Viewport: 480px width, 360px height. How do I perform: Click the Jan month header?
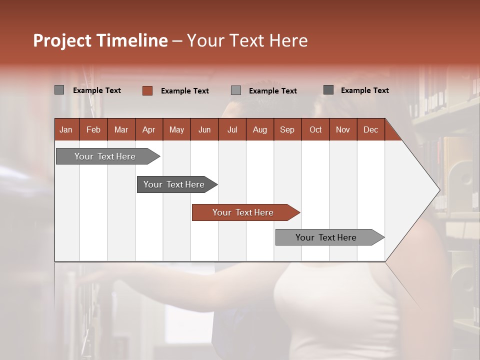coord(66,129)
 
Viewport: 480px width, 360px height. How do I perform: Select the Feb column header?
coord(93,129)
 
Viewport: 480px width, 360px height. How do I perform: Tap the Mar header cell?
coord(121,129)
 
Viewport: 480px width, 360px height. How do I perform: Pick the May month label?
coord(176,129)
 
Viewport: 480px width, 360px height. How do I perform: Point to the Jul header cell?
coord(232,129)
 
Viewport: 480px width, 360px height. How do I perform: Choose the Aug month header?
coord(260,129)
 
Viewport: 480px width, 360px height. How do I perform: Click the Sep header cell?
coord(287,129)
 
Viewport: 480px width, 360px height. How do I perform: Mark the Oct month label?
coord(315,129)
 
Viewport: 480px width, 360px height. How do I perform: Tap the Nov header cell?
coord(343,129)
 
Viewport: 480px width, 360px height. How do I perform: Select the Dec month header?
coord(370,129)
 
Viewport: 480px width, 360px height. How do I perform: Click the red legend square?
coord(147,90)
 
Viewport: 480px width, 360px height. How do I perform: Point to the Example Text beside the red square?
coord(184,91)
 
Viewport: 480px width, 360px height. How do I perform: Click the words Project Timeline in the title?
coord(100,40)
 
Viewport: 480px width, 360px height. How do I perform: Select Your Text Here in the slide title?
coord(247,40)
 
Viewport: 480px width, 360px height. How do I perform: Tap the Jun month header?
coord(204,129)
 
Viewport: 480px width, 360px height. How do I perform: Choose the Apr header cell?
coord(149,129)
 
